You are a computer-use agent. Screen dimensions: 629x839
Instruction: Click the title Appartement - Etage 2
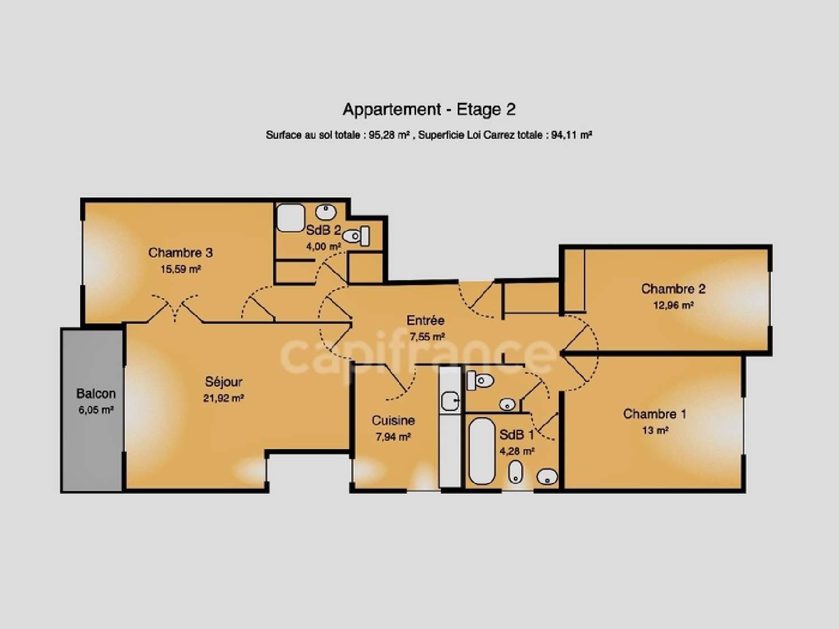[429, 110]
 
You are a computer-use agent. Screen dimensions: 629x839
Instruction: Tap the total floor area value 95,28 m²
[390, 135]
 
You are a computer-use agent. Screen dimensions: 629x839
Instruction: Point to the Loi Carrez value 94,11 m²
[572, 135]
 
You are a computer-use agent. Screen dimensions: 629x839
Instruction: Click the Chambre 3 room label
[180, 253]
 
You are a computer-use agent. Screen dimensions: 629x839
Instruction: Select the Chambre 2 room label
[673, 289]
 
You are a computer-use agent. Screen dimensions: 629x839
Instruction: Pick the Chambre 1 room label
[654, 414]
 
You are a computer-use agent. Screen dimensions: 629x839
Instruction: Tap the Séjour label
[224, 382]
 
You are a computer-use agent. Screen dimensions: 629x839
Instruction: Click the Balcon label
[96, 394]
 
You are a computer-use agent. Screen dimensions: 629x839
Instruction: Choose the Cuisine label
[393, 420]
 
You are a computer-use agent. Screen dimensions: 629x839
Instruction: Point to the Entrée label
[425, 320]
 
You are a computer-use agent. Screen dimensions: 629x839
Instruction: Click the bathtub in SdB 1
[482, 451]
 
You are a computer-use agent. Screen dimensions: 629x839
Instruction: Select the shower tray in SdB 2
[291, 218]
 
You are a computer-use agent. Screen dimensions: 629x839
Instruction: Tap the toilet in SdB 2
[356, 237]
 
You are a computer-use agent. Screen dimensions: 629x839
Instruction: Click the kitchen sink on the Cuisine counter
[450, 400]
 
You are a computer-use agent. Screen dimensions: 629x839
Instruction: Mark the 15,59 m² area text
[180, 269]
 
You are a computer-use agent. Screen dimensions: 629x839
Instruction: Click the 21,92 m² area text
[223, 399]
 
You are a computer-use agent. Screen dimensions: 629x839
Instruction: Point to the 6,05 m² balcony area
[96, 410]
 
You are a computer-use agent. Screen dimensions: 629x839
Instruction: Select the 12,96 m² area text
[673, 306]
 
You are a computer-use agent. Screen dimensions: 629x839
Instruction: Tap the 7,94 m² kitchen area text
[393, 437]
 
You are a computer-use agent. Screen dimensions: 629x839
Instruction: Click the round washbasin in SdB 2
[326, 212]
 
